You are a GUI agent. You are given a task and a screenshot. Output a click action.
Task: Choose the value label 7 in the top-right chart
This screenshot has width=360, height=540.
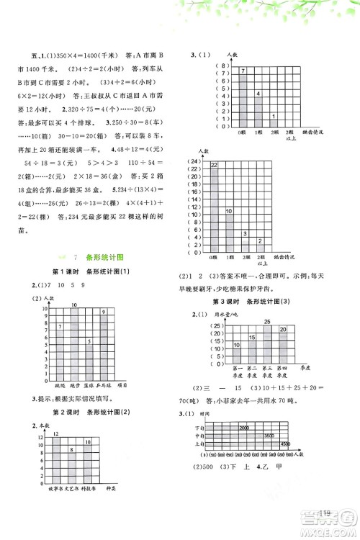tap(223, 71)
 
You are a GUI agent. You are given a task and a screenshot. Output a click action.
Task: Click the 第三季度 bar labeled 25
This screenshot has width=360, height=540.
tap(266, 343)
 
